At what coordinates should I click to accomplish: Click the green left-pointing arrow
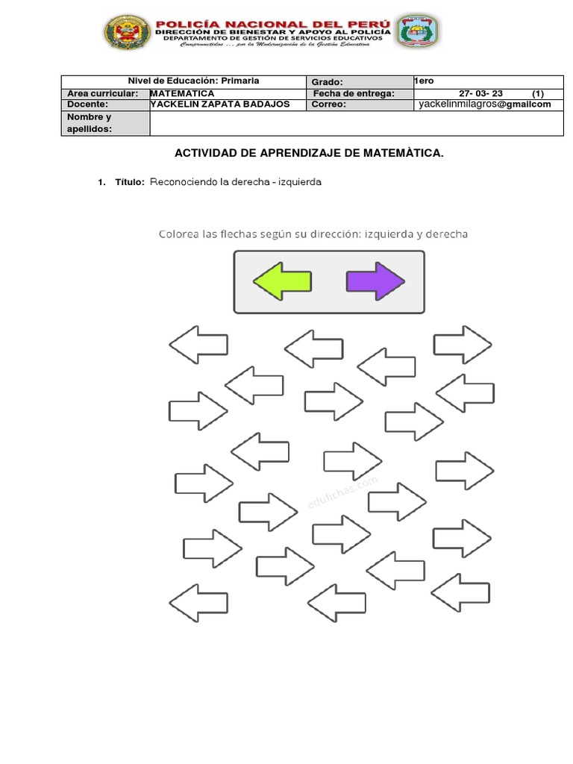tap(283, 281)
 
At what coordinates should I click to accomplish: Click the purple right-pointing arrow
tap(375, 281)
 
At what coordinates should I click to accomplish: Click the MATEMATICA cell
tap(182, 93)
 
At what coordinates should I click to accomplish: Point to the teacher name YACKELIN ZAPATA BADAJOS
tap(219, 104)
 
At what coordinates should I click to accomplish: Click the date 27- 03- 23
tap(480, 93)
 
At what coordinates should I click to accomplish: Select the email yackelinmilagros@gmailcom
tap(484, 104)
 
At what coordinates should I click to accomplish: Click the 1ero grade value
tap(424, 81)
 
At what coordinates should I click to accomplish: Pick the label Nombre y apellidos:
tap(89, 123)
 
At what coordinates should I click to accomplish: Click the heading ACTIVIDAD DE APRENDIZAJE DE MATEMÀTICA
tap(309, 153)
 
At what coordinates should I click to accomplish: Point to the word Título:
tap(130, 182)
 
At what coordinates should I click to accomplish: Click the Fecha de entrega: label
tap(353, 93)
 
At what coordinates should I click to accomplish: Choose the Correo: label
tap(330, 105)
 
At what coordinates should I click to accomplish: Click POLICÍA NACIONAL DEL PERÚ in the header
tap(272, 24)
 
